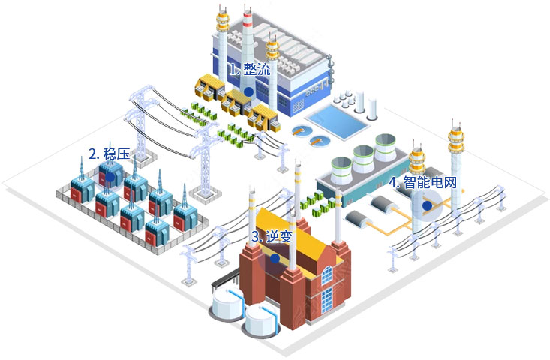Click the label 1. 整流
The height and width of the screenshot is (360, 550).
(249, 70)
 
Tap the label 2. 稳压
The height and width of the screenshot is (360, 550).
(109, 154)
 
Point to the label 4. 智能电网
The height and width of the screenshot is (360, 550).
(422, 182)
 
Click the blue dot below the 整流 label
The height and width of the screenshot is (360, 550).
(248, 90)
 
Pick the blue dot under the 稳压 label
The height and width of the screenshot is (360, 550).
(110, 177)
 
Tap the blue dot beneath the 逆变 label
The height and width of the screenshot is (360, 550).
(275, 258)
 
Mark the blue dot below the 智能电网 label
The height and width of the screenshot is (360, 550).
(427, 205)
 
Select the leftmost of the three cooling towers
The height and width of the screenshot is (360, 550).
(341, 166)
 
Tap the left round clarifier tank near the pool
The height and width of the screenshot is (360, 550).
(302, 131)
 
